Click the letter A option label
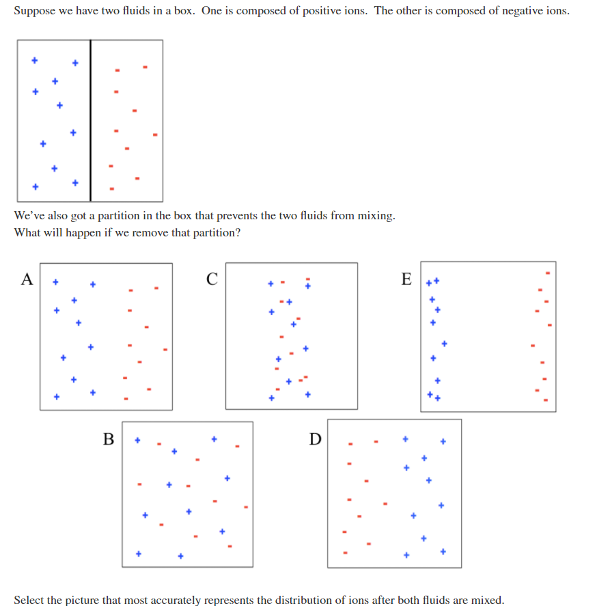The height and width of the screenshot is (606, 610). tap(27, 278)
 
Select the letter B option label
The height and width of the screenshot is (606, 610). tap(109, 439)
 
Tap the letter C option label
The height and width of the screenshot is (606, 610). tap(212, 278)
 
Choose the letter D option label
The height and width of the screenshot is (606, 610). tap(314, 439)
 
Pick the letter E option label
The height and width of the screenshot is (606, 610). tap(407, 278)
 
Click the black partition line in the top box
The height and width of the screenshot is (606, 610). tap(91, 121)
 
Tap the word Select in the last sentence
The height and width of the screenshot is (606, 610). tap(29, 600)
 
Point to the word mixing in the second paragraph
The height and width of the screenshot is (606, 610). tap(377, 216)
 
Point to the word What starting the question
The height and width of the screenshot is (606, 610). tap(27, 232)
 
